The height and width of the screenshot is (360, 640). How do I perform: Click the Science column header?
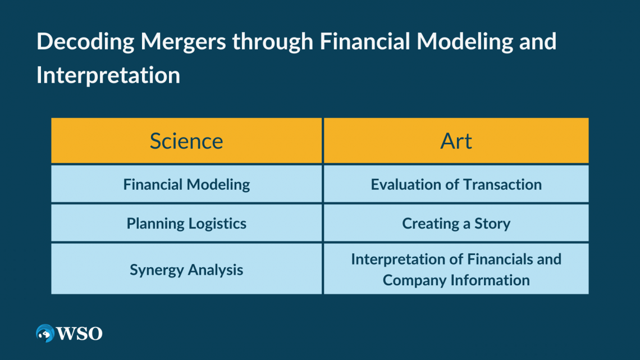click(x=186, y=141)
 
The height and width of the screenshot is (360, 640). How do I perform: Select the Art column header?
click(x=456, y=141)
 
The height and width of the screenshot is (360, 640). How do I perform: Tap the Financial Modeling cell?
click(x=186, y=184)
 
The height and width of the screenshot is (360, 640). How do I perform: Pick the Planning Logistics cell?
click(x=186, y=224)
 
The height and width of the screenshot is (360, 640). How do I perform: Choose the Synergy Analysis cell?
click(x=186, y=270)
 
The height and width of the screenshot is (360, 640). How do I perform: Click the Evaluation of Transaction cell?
click(x=456, y=184)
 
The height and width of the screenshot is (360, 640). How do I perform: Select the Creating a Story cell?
click(x=456, y=224)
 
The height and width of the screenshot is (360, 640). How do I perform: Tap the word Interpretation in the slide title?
click(x=108, y=75)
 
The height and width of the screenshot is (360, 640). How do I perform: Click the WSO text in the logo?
click(x=79, y=334)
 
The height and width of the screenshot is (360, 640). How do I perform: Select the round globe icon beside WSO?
click(x=45, y=333)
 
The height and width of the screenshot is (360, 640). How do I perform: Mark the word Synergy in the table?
click(x=156, y=270)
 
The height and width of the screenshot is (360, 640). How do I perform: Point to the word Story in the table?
click(x=492, y=224)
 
